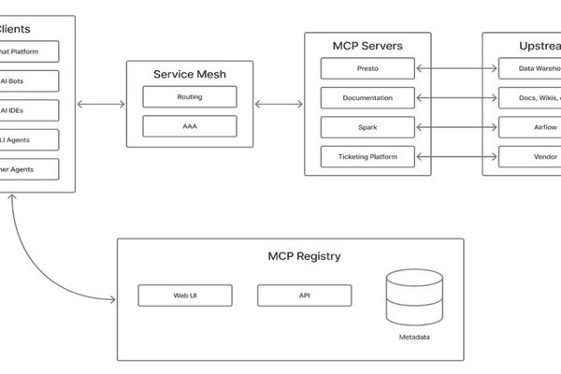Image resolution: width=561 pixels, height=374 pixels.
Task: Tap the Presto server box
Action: [x=367, y=68]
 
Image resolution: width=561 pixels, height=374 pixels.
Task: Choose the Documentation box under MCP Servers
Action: [x=367, y=97]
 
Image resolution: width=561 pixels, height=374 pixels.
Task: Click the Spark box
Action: [x=367, y=126]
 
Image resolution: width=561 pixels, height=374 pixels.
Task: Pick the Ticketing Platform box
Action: [x=367, y=156]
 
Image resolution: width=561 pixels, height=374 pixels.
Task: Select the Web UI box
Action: [x=184, y=295]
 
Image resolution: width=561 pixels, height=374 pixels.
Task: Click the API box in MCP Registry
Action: [x=304, y=295]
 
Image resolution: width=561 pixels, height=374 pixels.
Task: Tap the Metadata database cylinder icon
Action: [x=411, y=297]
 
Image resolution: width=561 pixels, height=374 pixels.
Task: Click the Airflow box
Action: [x=529, y=126]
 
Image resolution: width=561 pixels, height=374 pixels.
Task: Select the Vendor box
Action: [x=529, y=156]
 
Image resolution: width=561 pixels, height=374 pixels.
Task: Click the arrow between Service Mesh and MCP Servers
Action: [x=278, y=104]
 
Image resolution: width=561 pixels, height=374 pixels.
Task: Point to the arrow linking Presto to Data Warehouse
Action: [x=455, y=68]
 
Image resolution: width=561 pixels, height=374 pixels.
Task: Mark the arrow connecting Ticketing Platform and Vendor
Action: [x=455, y=156]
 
